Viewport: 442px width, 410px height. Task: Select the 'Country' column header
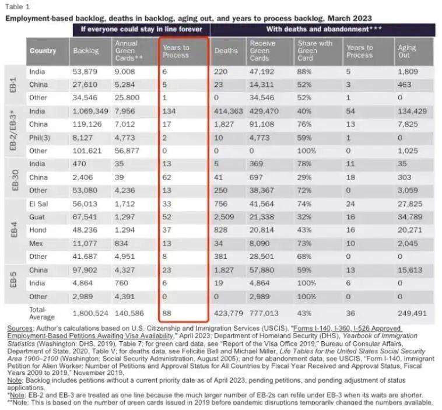tap(43, 51)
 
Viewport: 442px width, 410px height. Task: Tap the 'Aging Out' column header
tap(407, 51)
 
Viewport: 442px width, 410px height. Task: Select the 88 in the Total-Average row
tap(168, 313)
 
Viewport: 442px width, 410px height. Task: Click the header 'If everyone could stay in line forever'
tap(141, 29)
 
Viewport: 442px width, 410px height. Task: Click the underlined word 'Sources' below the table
tap(20, 329)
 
